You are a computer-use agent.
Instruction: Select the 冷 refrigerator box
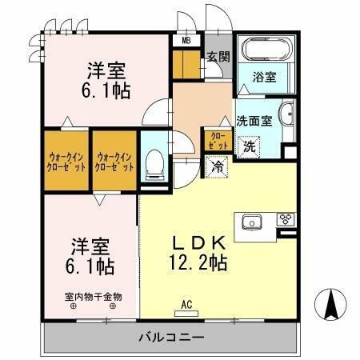[x=217, y=167]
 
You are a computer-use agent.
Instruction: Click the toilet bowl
[x=155, y=166]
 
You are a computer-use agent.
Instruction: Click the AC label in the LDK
[x=187, y=304]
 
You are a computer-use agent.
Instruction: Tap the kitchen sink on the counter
[x=249, y=221]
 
